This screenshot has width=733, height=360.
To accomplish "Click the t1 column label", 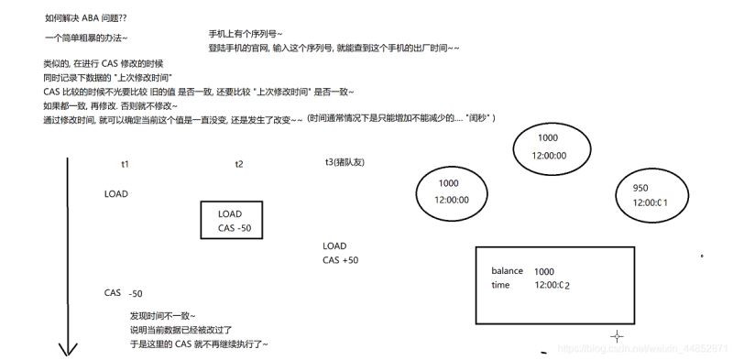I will point(125,163).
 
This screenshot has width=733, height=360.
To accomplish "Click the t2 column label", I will point(238,163).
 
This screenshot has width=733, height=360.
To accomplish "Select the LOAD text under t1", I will point(116,194).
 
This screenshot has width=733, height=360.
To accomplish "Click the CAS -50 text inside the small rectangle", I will point(235,227).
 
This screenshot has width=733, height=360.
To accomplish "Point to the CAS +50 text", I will point(341,260).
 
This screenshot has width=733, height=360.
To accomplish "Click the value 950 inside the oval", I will point(640,188).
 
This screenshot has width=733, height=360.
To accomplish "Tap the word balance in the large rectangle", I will point(507,271).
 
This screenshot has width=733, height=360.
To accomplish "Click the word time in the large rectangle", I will point(500,286).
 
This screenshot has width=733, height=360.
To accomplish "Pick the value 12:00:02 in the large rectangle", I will point(552,286).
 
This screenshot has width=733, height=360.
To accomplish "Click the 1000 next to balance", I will point(544,271).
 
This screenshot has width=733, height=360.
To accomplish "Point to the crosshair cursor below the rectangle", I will point(617,337).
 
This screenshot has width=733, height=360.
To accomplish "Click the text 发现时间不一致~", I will point(163,315).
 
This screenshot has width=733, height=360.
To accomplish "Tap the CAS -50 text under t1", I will point(124,293).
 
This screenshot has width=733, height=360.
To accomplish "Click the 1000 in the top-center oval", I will point(548,137).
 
